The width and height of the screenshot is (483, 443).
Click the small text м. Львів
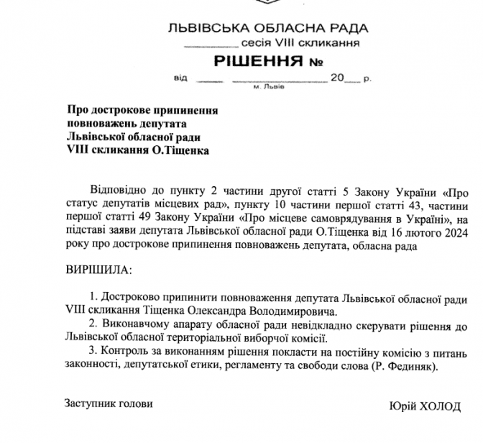tap(269, 86)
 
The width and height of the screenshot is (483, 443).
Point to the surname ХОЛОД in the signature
tap(441, 406)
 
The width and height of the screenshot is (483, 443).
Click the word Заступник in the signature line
tap(87, 404)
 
